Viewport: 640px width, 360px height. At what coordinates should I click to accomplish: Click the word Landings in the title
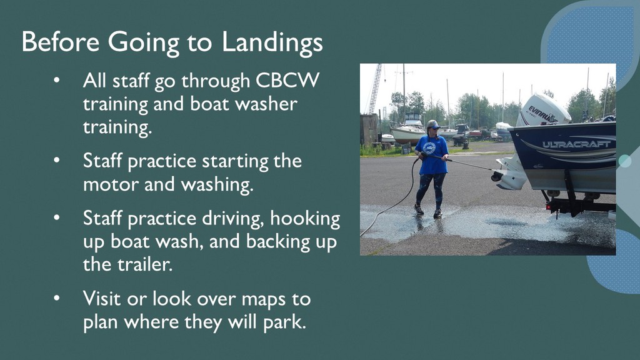click(272, 43)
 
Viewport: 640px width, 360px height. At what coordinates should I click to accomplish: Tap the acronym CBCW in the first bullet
click(287, 80)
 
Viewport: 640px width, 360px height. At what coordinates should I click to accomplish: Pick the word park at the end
click(284, 322)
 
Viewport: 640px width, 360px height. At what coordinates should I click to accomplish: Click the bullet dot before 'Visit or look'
click(56, 298)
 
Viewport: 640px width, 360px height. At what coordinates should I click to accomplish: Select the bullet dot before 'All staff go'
click(56, 80)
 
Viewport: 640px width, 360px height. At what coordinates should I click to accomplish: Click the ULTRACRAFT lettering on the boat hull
click(576, 144)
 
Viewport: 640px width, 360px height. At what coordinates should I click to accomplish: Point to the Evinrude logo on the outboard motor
click(542, 114)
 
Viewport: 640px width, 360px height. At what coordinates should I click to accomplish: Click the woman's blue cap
click(432, 124)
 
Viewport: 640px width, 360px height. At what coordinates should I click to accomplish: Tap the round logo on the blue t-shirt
click(429, 147)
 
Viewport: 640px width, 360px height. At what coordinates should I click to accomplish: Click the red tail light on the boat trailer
click(548, 207)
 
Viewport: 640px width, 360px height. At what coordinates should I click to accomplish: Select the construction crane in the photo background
click(376, 89)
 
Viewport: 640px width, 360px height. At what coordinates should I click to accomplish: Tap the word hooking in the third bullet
click(305, 219)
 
